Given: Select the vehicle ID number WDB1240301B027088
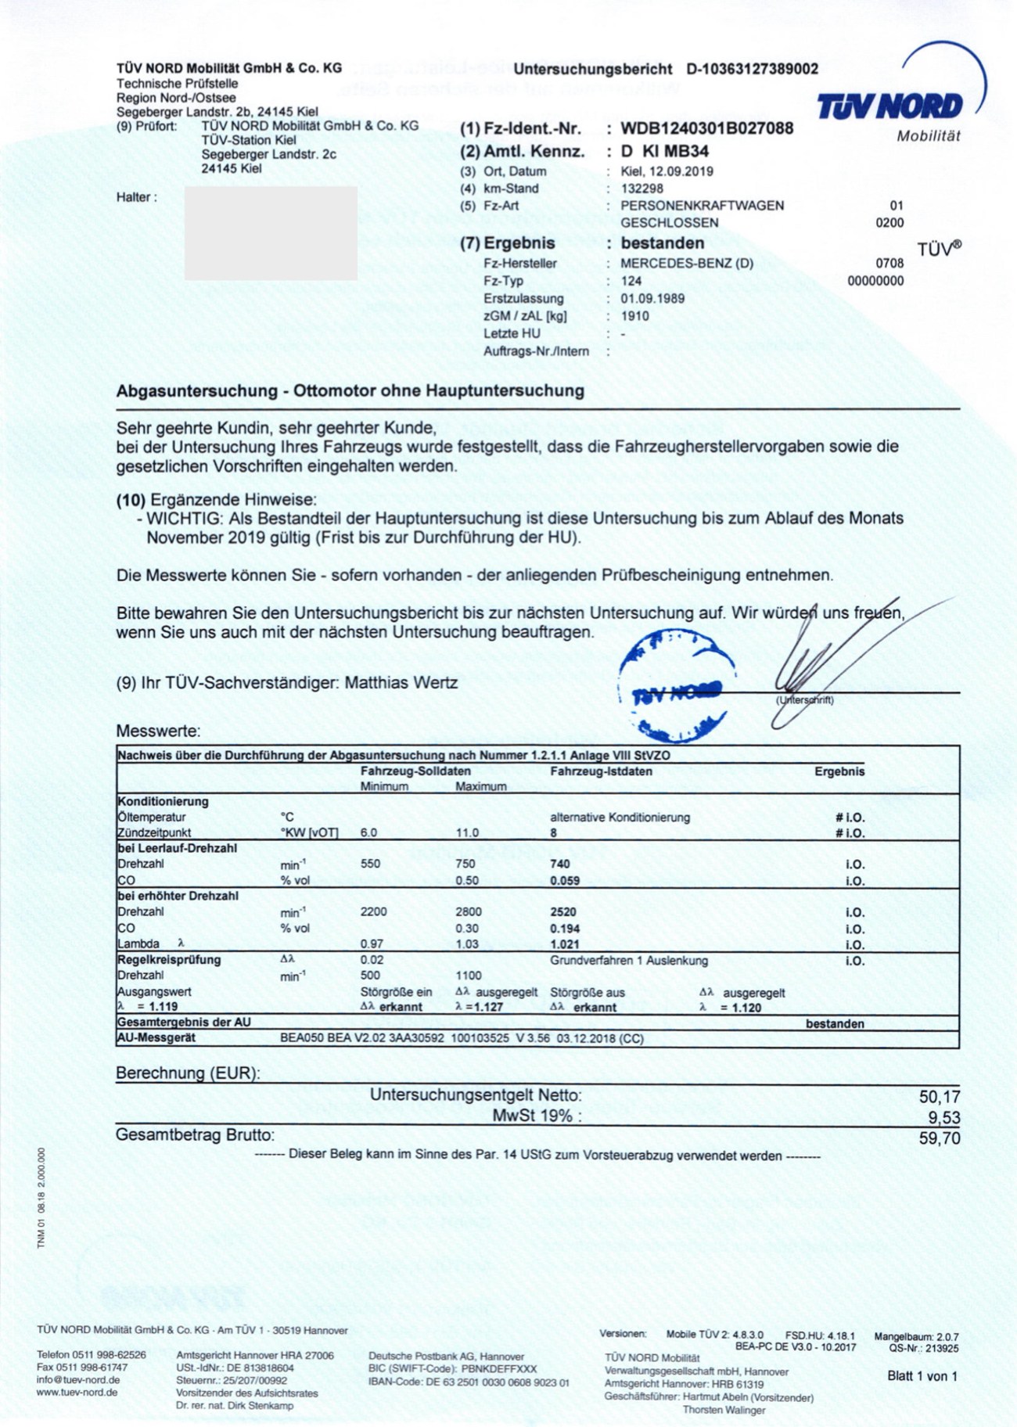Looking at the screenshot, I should tap(707, 128).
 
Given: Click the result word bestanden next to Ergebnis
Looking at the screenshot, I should tap(662, 243).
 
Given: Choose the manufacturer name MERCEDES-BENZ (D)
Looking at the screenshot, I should tap(687, 264).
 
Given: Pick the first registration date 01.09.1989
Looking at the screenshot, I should tap(652, 299).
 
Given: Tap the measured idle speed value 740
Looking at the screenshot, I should tap(560, 864).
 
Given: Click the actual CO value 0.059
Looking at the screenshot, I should tap(565, 881).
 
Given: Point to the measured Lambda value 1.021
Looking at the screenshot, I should tap(565, 944).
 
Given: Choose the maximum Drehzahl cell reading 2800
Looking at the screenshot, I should tap(469, 912).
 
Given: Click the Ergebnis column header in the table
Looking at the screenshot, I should tap(839, 771).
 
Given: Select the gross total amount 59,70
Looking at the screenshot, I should tap(939, 1138).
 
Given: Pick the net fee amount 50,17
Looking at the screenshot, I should tap(939, 1097).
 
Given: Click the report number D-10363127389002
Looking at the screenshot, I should tap(752, 69).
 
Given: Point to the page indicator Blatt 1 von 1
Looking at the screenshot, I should tap(922, 1376).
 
